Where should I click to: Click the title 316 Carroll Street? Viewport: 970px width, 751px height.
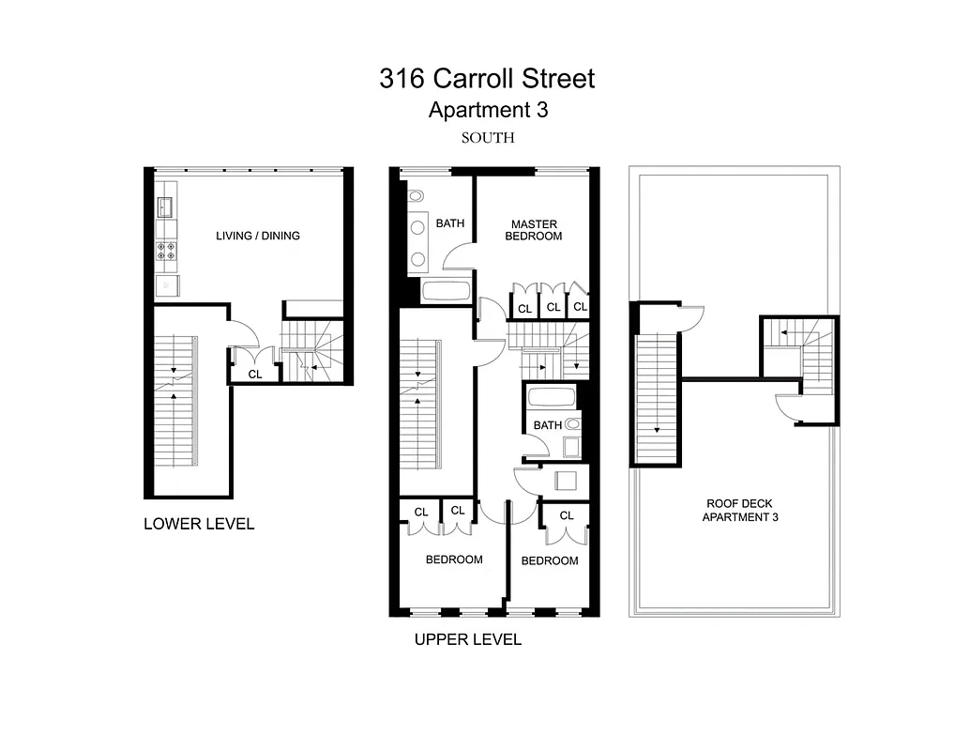487,79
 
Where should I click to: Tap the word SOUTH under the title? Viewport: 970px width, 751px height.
488,137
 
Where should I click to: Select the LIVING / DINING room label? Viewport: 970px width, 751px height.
258,236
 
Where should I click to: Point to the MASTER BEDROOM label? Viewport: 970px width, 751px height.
535,230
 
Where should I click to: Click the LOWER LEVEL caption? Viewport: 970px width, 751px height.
199,524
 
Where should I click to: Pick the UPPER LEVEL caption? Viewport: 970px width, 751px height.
468,640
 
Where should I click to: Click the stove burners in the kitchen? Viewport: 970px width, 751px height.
166,251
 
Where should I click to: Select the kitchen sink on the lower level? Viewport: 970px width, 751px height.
166,206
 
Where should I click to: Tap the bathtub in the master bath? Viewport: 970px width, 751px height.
446,289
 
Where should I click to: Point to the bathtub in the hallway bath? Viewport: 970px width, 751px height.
553,397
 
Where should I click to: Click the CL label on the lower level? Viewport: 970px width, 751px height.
254,374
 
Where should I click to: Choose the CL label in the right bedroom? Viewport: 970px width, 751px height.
566,515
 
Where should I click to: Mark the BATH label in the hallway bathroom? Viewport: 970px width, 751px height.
548,425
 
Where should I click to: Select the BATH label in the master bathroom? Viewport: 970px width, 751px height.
450,223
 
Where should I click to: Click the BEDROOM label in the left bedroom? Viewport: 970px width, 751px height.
454,559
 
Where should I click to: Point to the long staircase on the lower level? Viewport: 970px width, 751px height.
175,399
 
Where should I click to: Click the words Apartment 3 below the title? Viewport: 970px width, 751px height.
488,110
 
